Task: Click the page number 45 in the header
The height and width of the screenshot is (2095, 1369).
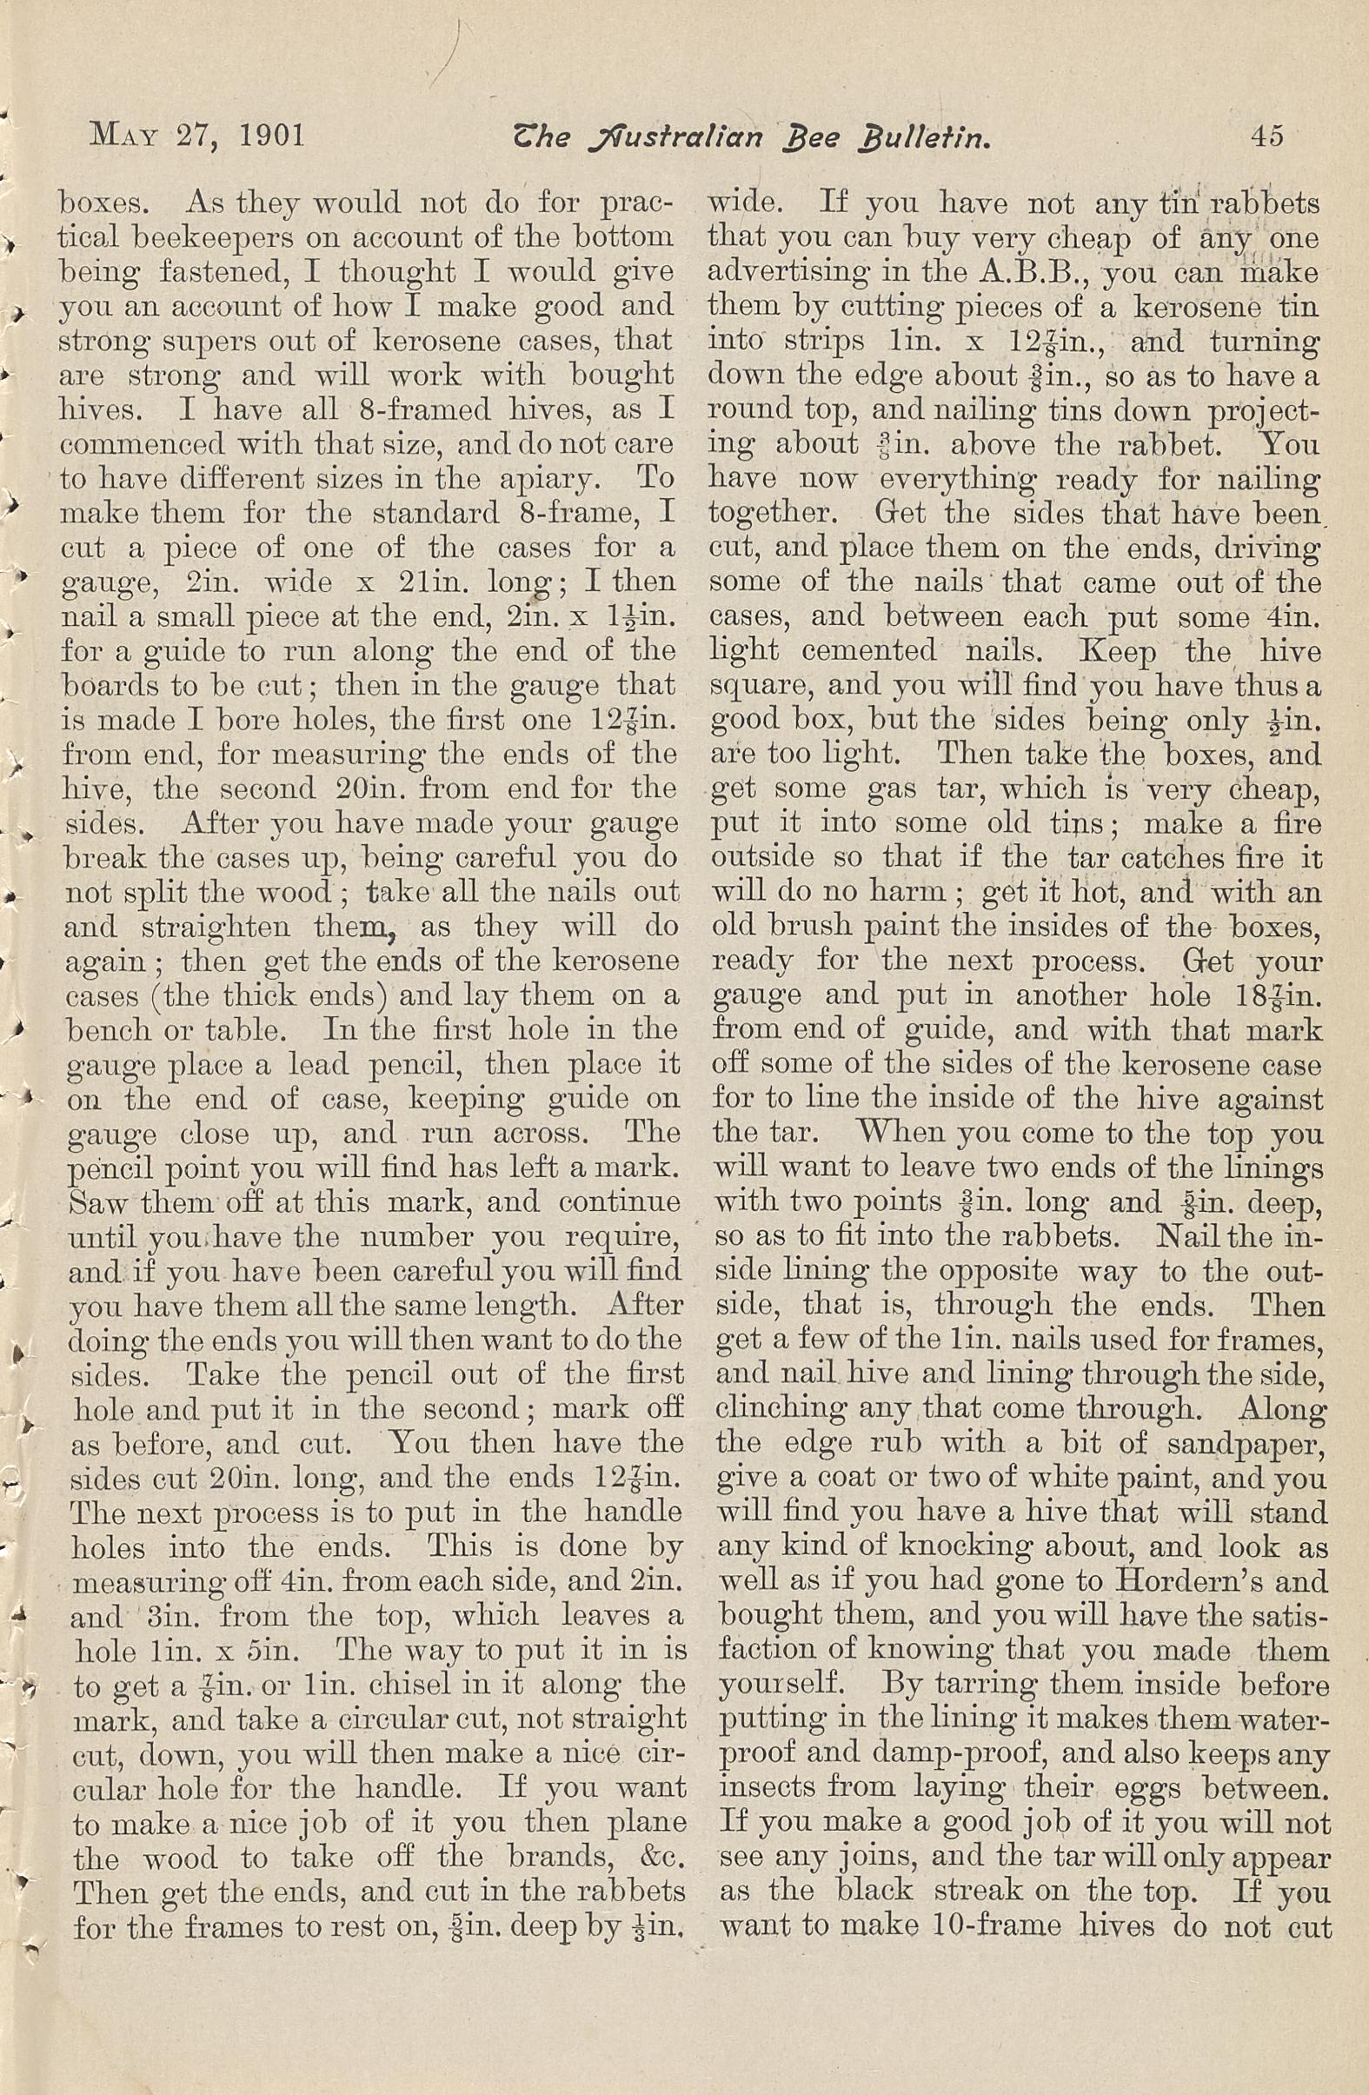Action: [x=1265, y=136]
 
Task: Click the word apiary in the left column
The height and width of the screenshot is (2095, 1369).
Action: [x=568, y=481]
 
